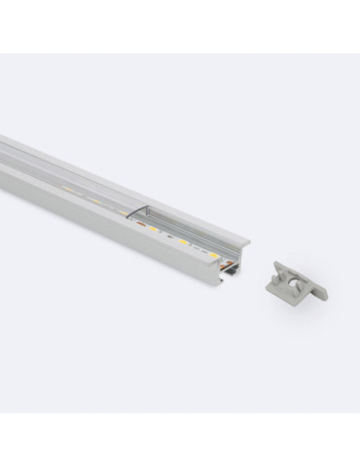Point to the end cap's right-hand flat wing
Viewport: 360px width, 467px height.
[318, 291]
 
